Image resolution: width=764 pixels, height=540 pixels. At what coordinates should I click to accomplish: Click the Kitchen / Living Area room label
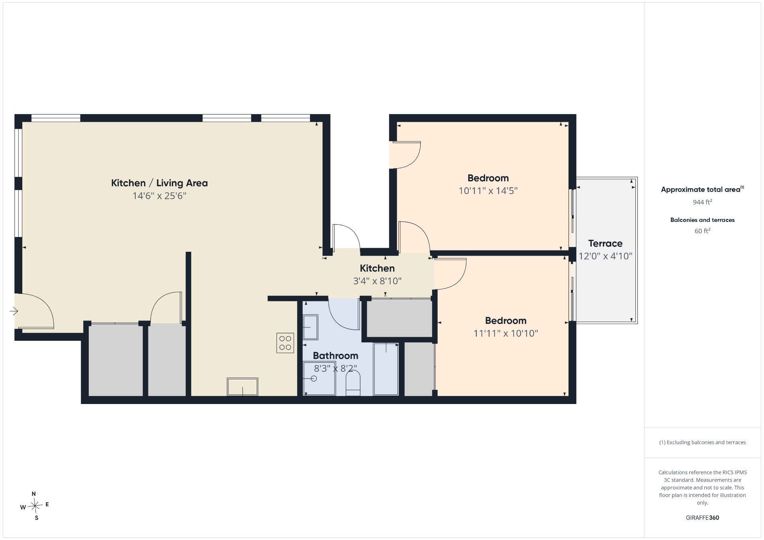(x=159, y=183)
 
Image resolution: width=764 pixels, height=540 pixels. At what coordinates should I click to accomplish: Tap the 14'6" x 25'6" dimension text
(x=159, y=196)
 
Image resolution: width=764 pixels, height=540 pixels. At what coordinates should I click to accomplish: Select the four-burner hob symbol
(x=285, y=343)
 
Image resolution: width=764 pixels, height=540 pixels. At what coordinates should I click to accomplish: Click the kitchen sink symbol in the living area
(x=242, y=387)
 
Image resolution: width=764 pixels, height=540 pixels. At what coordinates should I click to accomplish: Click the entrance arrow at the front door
(x=14, y=311)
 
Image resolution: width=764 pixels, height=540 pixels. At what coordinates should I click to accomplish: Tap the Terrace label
(x=605, y=243)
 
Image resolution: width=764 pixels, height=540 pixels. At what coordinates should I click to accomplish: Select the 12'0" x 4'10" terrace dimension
(x=605, y=256)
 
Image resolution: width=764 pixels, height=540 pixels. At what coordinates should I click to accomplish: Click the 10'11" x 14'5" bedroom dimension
(x=488, y=190)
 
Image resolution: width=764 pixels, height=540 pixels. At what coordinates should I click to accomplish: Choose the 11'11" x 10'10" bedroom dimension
(x=505, y=333)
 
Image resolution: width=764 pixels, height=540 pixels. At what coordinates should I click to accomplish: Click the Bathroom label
(x=335, y=355)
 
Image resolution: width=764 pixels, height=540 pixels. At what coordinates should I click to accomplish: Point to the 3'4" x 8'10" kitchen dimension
(x=377, y=281)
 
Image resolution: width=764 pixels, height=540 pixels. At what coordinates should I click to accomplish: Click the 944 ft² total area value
(x=702, y=202)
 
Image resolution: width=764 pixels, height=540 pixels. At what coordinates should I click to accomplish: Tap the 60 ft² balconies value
(x=702, y=231)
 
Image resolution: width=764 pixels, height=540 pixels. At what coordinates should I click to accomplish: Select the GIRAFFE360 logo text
(x=702, y=518)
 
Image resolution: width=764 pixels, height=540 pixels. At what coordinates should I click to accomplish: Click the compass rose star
(x=35, y=506)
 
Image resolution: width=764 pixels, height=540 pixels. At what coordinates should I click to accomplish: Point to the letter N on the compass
(x=34, y=494)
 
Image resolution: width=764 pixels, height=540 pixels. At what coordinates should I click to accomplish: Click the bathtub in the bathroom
(x=386, y=369)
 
